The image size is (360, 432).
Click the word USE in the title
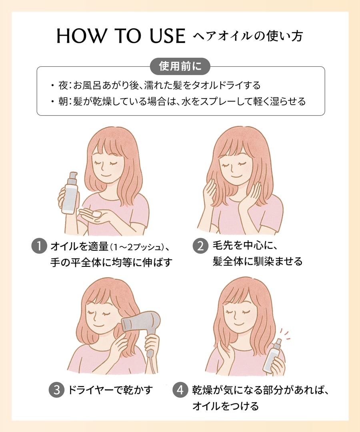[168, 36]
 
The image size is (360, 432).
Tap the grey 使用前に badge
[180, 66]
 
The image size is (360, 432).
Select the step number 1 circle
[39, 246]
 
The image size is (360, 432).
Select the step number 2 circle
[200, 246]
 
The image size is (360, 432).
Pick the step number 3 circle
[56, 390]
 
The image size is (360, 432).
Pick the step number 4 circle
[180, 390]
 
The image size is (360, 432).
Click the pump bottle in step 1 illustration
[70, 194]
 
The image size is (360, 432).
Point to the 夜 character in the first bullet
[63, 86]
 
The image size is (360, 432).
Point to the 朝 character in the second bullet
[63, 101]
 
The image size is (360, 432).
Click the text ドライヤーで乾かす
[110, 390]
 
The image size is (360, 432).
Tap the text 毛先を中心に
[244, 245]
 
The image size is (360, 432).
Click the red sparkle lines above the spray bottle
[286, 334]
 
